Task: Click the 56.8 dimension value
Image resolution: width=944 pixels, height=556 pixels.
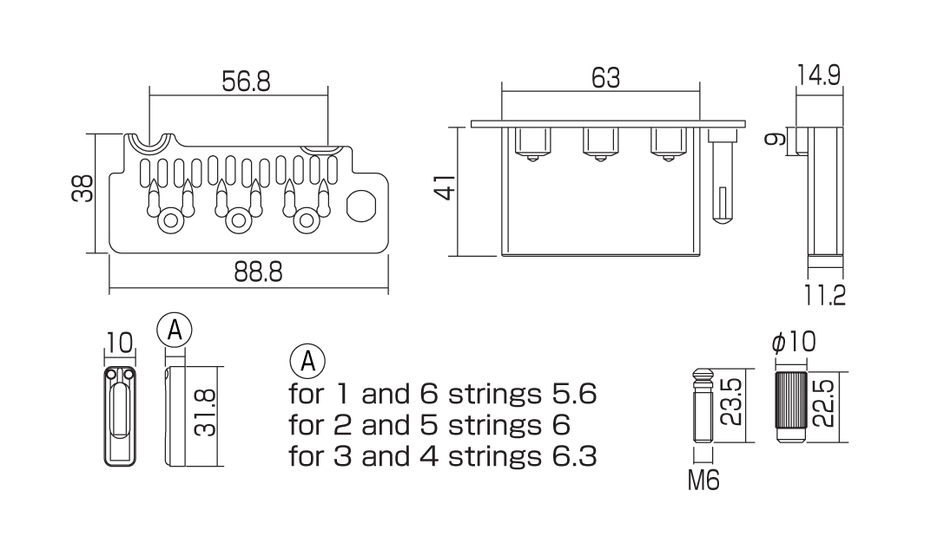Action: coord(247,82)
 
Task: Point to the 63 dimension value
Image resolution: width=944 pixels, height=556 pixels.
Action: coord(605,78)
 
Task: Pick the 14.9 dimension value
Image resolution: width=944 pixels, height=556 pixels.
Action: coord(819,76)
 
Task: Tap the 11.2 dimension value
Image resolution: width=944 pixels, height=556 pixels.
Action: coord(824,296)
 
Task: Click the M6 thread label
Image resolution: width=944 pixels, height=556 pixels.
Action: coord(703,480)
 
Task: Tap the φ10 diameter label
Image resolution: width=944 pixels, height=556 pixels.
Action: coord(794,343)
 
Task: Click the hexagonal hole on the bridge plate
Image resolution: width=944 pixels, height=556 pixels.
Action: coord(360,207)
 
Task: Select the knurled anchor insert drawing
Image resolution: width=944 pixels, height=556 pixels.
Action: coord(789,407)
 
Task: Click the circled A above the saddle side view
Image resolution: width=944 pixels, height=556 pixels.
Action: coord(175,330)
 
